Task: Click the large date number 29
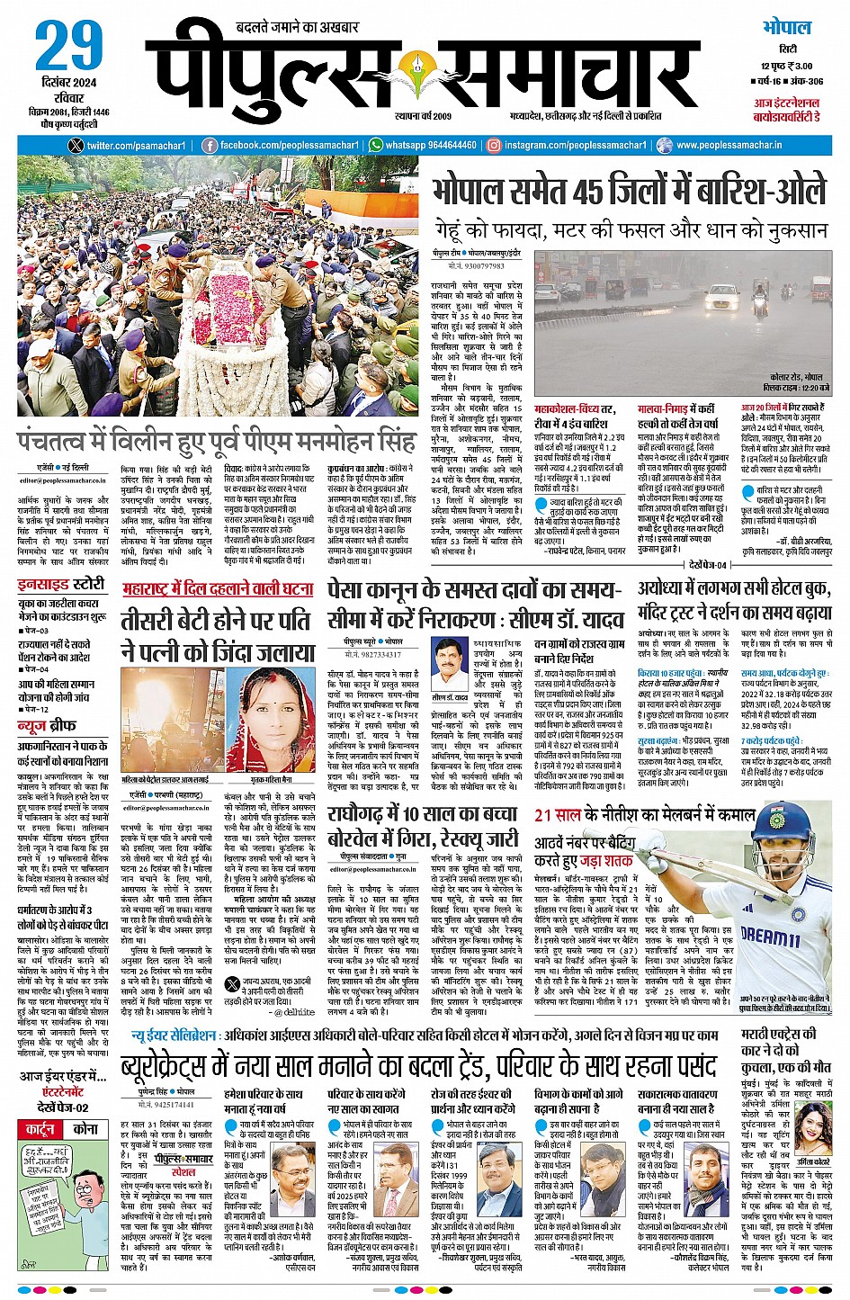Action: tap(70, 47)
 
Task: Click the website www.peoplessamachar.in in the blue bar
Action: tap(729, 145)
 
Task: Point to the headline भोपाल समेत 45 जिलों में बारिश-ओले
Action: tap(628, 191)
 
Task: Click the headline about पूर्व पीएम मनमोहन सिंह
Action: tap(216, 443)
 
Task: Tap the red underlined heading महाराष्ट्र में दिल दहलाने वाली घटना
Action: tap(218, 589)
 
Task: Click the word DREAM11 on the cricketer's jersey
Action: tap(769, 935)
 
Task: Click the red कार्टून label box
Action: tap(40, 1129)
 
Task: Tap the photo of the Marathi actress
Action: tap(811, 1125)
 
